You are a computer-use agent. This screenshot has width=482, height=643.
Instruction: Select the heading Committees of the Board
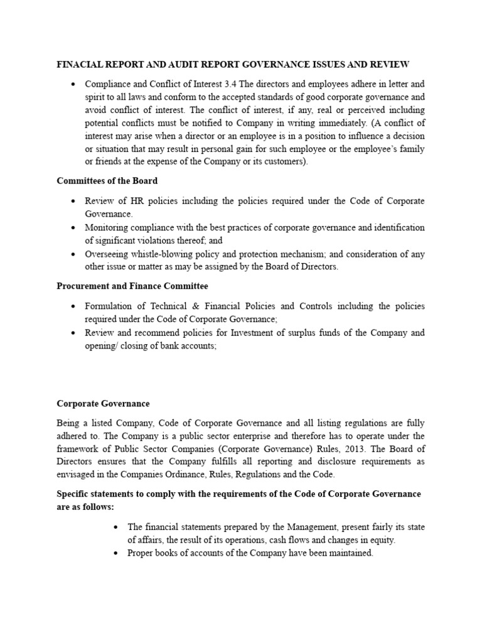click(x=107, y=181)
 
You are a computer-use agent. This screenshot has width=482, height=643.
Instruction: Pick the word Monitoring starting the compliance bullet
click(x=107, y=227)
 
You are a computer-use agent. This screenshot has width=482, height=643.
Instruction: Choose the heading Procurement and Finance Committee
click(x=132, y=286)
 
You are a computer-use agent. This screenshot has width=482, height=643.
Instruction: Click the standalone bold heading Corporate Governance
click(x=104, y=404)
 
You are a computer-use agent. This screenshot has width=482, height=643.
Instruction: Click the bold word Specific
click(x=74, y=494)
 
